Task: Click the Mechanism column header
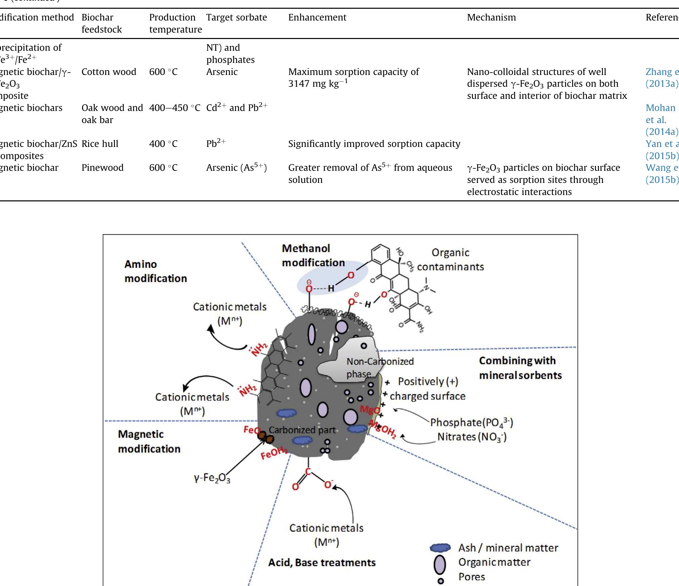tap(491, 17)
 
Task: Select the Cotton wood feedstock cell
tap(109, 72)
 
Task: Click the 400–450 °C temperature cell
tap(174, 108)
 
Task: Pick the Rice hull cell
tap(100, 144)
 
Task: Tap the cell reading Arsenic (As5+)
tap(236, 168)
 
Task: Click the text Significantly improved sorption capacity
tap(374, 144)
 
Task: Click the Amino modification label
tap(155, 271)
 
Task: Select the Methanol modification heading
tap(313, 256)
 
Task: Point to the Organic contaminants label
tap(450, 260)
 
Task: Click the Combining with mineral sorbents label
tap(520, 368)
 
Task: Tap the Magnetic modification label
tap(149, 441)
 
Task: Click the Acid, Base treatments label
tap(322, 562)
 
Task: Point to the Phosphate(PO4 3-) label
tap(471, 423)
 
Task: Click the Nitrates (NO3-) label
tap(471, 437)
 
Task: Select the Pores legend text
tap(472, 577)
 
